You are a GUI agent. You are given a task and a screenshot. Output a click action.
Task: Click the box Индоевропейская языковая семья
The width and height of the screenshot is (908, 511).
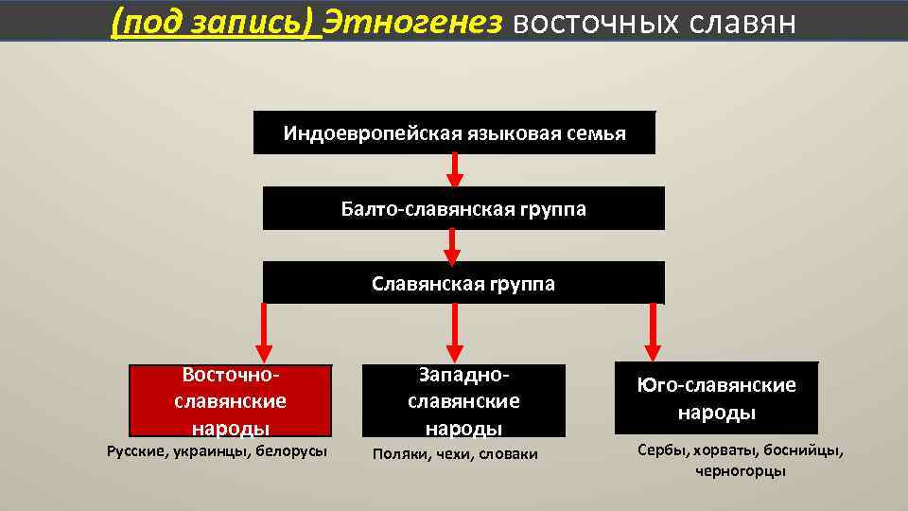454,132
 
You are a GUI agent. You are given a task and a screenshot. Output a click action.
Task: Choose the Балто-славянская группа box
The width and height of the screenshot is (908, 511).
463,208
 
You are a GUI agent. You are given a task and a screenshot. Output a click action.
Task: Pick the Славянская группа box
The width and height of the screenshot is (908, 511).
463,283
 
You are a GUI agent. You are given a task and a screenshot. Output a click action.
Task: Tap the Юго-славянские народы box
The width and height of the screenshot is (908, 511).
716,398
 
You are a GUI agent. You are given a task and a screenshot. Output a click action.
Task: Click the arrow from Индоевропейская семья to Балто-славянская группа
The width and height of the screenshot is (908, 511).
455,169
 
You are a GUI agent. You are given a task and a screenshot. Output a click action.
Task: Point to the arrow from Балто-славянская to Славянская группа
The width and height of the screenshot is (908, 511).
453,245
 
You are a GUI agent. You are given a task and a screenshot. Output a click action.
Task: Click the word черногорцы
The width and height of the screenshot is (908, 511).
741,470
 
